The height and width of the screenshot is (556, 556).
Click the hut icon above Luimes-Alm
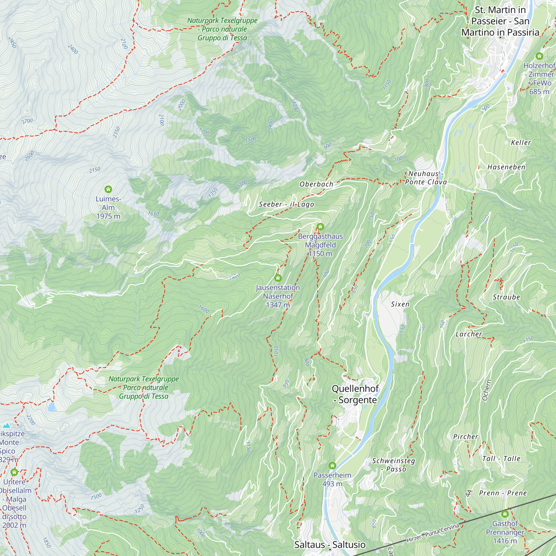(108, 189)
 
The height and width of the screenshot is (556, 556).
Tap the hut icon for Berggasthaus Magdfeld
(320, 227)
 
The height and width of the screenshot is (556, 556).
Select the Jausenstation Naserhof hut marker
(278, 278)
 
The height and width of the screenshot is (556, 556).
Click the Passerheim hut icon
(332, 465)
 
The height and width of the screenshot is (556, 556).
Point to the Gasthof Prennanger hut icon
(505, 514)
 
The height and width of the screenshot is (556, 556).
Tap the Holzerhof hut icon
(539, 56)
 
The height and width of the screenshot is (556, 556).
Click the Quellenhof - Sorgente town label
(355, 394)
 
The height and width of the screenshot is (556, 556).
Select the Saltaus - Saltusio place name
(330, 545)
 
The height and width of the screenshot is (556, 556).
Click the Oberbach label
(316, 184)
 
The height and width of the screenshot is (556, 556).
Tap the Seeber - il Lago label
(286, 204)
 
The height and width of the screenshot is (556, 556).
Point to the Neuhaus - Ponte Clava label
(426, 178)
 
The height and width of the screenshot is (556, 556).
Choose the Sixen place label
(400, 304)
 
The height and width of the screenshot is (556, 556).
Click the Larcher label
(468, 334)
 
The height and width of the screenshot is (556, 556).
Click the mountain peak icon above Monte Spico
(6, 425)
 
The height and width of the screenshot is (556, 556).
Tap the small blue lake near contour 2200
(52, 407)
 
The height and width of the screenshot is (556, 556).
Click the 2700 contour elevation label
(27, 121)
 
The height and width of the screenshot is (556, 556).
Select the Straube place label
(506, 297)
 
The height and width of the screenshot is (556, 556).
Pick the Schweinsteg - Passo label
(393, 465)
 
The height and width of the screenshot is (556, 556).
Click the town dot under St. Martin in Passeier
(500, 38)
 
